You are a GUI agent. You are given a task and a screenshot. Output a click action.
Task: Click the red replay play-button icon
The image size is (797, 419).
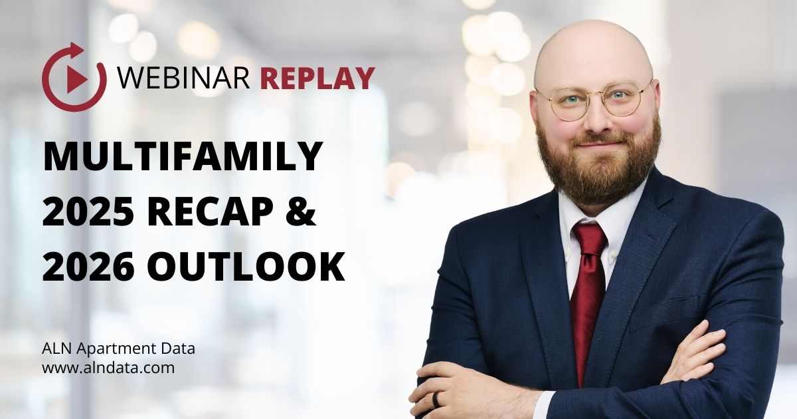point(74,78)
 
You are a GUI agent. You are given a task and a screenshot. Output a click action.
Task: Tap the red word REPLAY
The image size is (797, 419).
point(317,78)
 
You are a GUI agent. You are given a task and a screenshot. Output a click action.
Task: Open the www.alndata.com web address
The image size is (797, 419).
point(108,367)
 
